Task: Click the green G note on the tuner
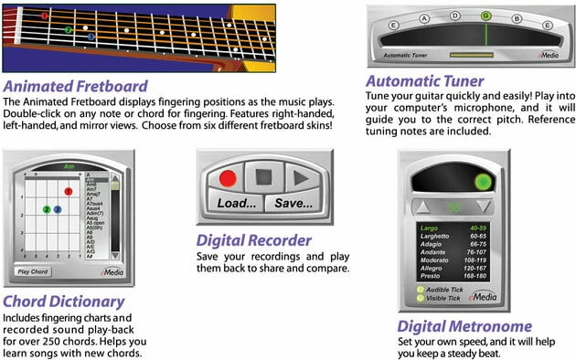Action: click(x=486, y=16)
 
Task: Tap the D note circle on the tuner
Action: click(x=453, y=16)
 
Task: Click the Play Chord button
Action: click(x=33, y=270)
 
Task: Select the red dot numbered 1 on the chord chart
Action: click(x=68, y=192)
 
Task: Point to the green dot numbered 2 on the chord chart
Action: click(x=46, y=209)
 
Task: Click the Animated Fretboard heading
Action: click(x=75, y=86)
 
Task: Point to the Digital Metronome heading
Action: click(x=464, y=326)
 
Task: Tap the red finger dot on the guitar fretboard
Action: click(x=44, y=16)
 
